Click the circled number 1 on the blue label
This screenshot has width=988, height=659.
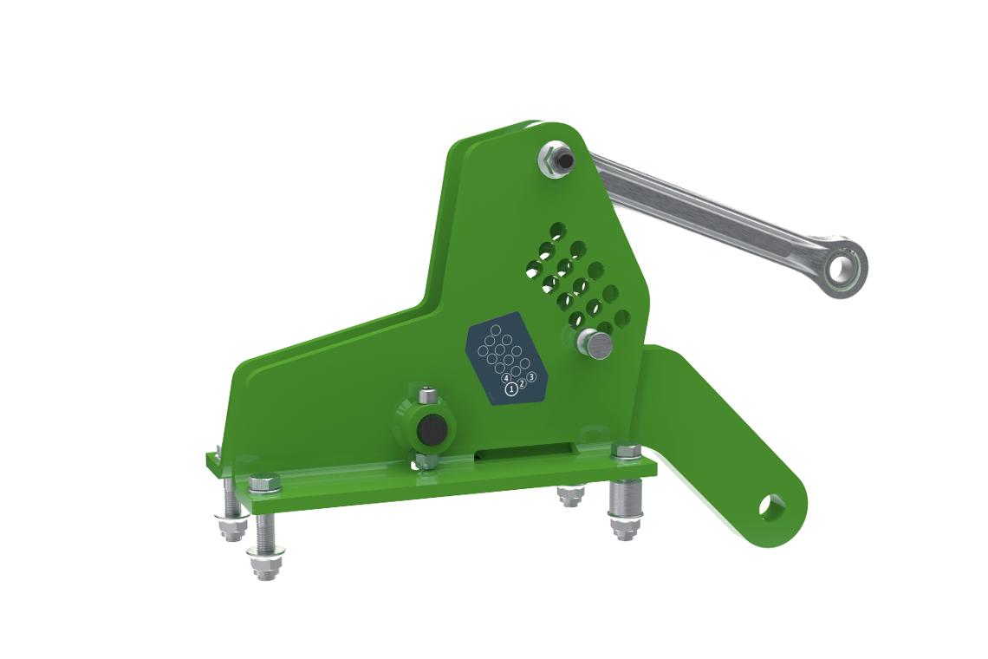point(511,389)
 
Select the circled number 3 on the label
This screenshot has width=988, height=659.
point(532,377)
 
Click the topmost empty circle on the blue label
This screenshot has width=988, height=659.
point(495,329)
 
